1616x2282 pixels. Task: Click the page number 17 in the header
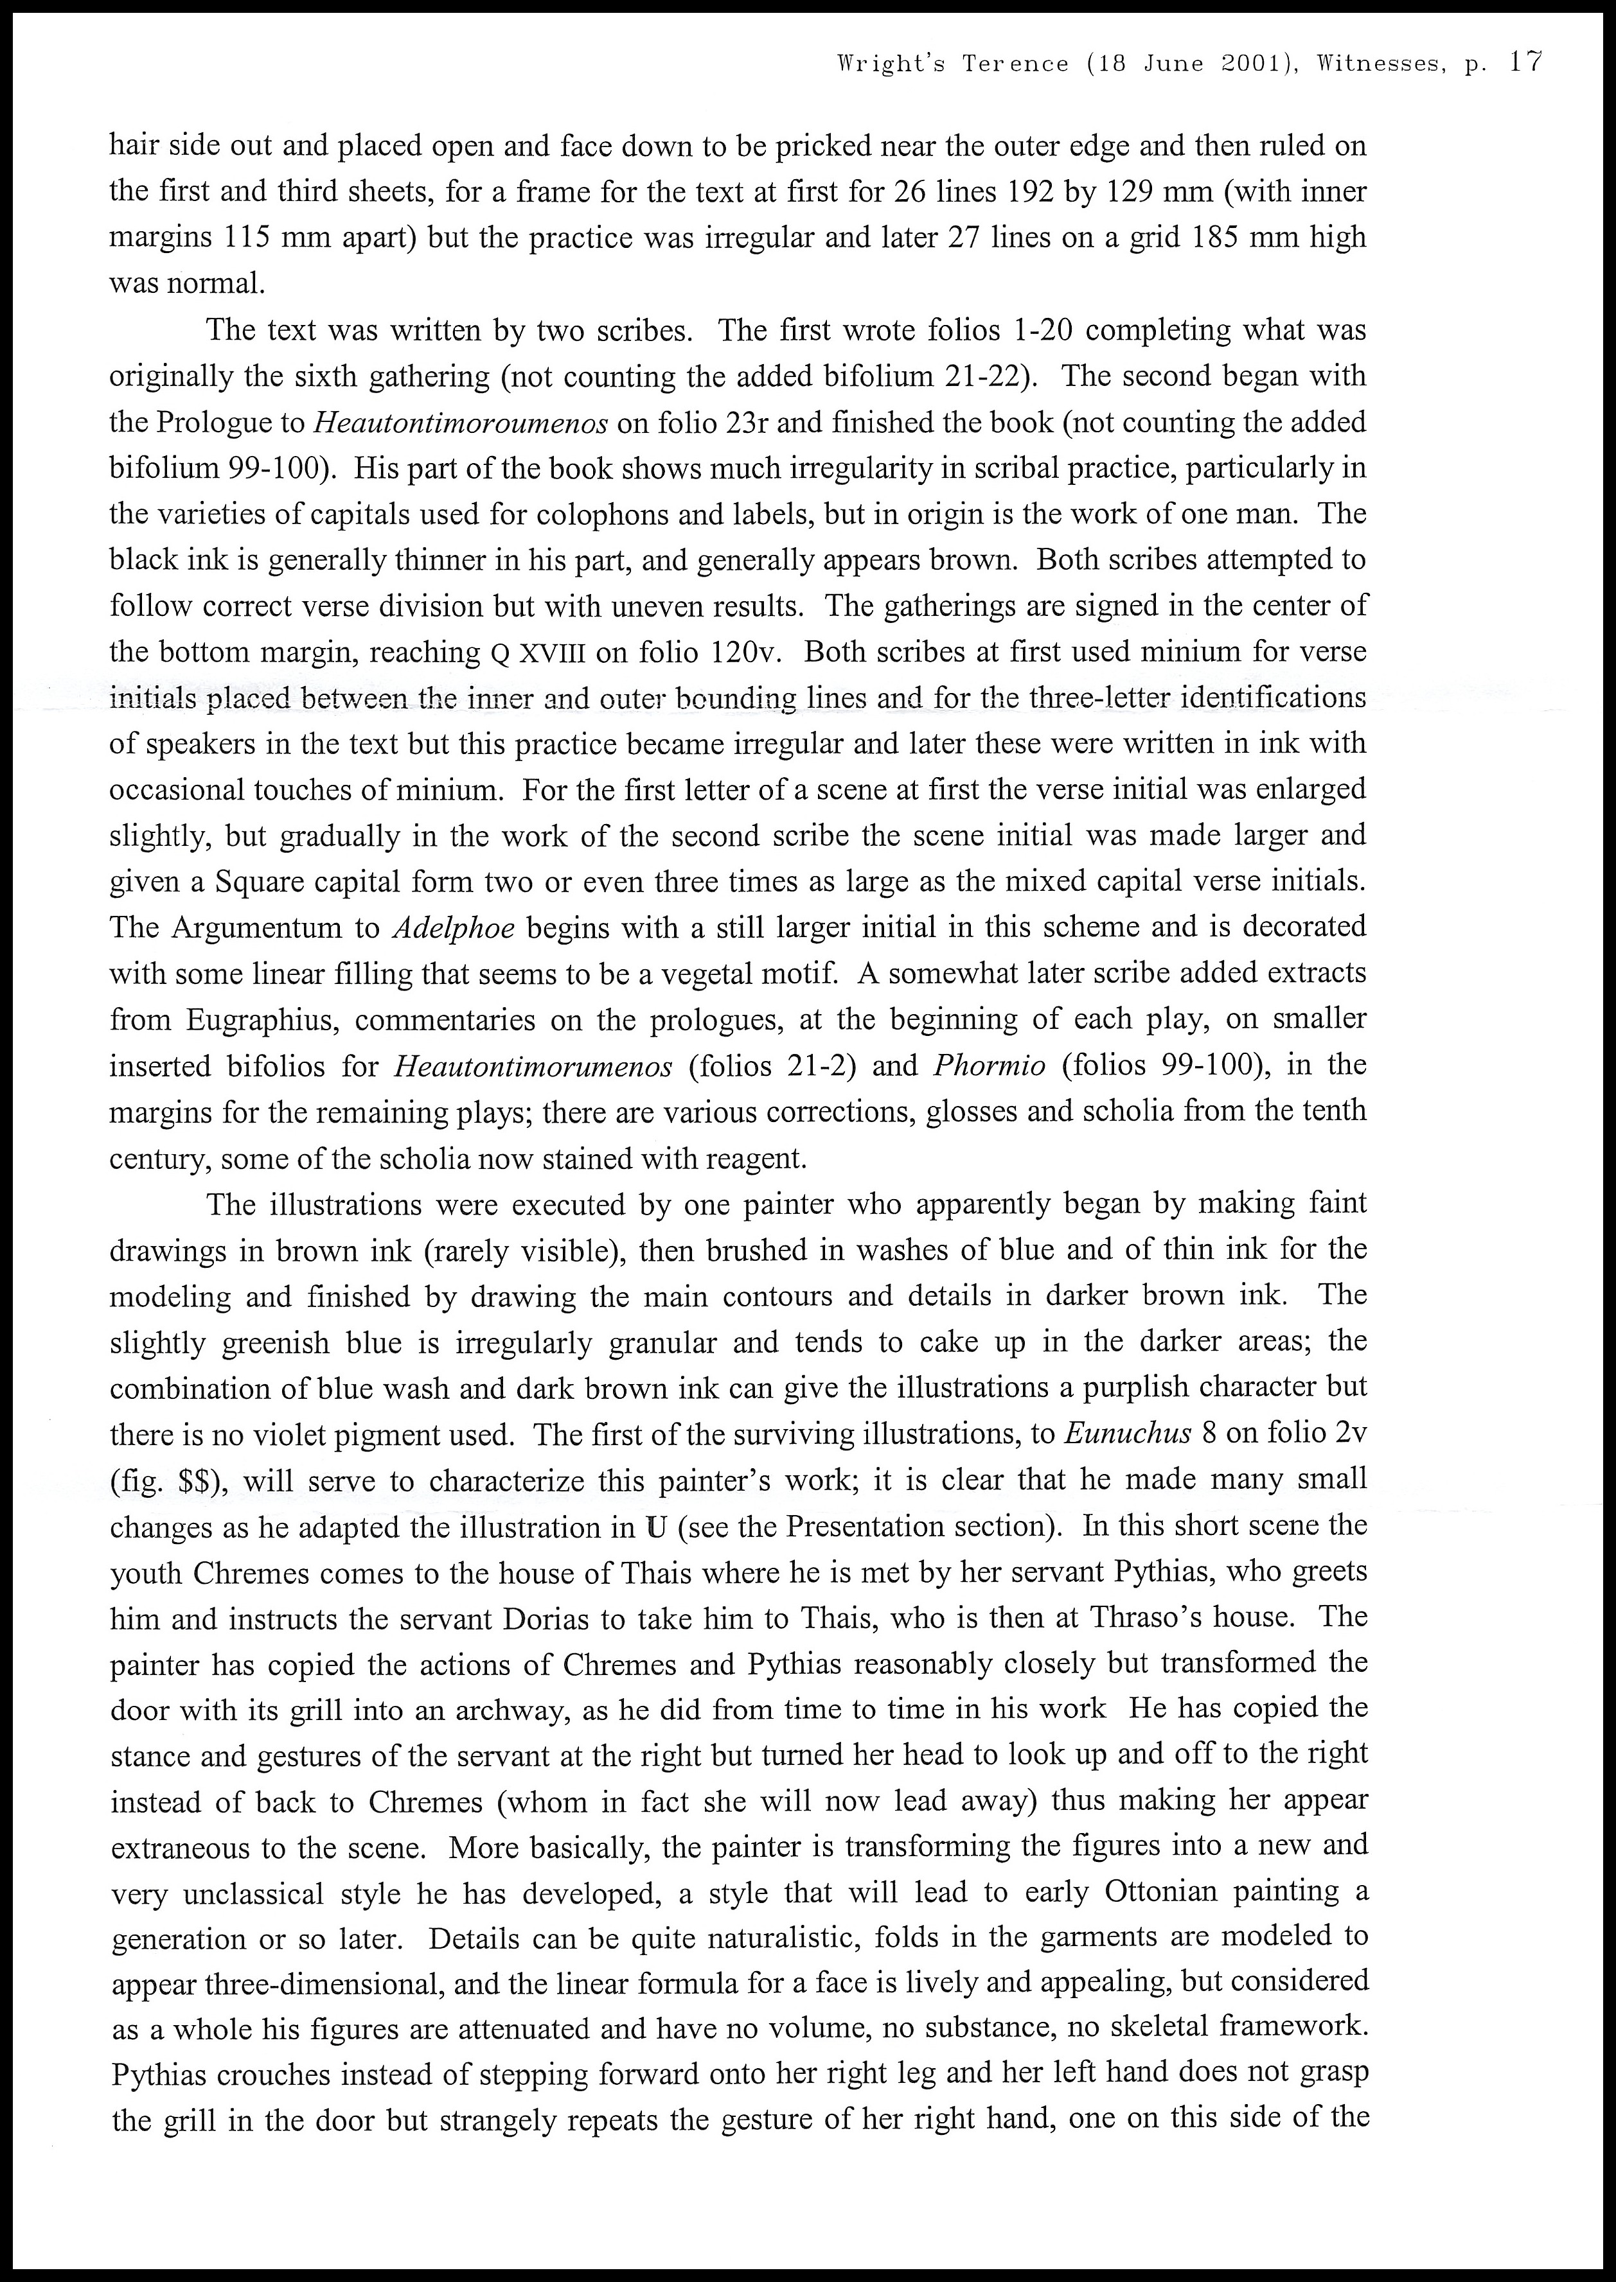click(x=1525, y=62)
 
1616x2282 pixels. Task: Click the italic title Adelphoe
click(x=454, y=928)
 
